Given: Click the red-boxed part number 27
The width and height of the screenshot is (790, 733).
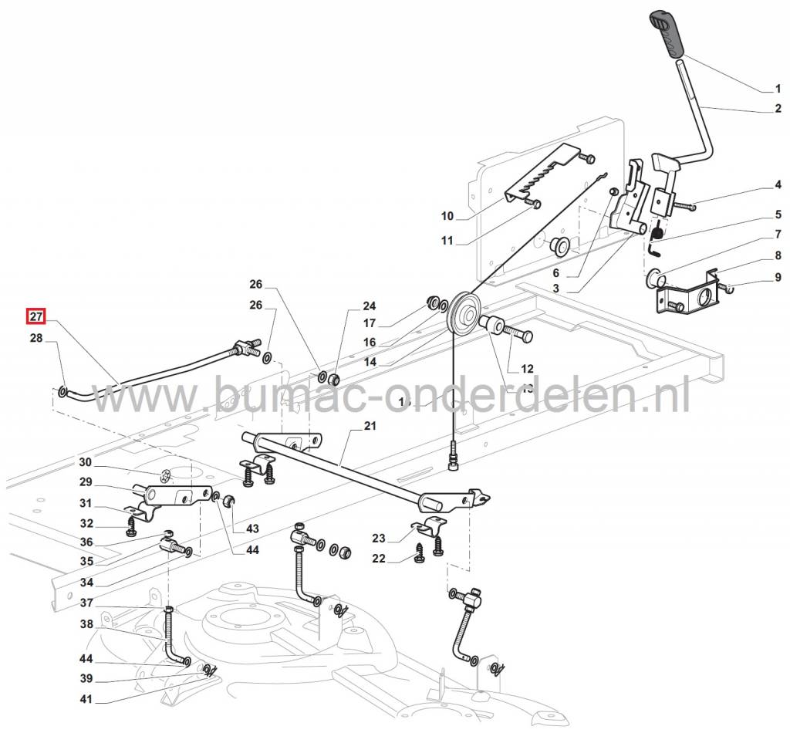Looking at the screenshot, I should [36, 316].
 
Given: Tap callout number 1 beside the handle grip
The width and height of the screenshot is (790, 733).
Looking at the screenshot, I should [778, 89].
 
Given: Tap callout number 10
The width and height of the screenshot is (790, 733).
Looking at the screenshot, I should [447, 215].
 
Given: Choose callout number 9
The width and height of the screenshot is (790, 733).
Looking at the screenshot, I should [778, 277].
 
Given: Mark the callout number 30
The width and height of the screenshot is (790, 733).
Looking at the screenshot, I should [85, 463].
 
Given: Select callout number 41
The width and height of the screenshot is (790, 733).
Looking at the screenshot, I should [85, 700].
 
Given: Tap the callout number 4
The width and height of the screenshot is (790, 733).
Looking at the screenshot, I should [778, 185].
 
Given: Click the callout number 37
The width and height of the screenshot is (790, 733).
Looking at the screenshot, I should [85, 603].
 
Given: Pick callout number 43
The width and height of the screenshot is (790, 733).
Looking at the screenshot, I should [253, 529].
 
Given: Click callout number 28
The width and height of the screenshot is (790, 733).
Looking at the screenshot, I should [36, 338].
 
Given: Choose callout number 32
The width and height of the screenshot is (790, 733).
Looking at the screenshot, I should [85, 523].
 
